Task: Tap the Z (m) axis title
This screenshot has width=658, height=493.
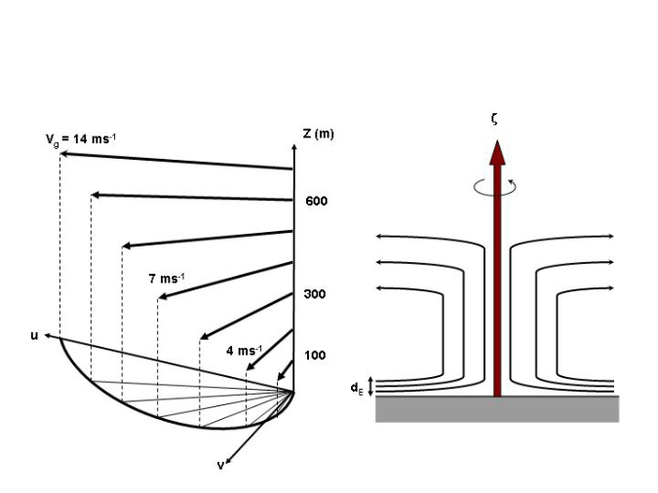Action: (318, 133)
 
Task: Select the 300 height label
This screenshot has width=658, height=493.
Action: (315, 294)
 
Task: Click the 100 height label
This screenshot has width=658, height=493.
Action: (315, 355)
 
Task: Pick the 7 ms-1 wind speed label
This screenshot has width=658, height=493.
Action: (167, 279)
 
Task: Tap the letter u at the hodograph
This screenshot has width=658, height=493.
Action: (35, 335)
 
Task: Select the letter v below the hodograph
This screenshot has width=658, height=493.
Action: (220, 465)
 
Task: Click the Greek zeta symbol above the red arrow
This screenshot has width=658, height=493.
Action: (496, 118)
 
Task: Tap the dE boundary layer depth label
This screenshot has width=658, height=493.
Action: (357, 388)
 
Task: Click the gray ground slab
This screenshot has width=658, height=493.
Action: (497, 409)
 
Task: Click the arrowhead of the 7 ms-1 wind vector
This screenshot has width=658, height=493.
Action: (162, 296)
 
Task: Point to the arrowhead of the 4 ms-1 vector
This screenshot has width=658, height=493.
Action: (250, 369)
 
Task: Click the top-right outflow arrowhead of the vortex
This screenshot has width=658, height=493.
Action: (611, 236)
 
